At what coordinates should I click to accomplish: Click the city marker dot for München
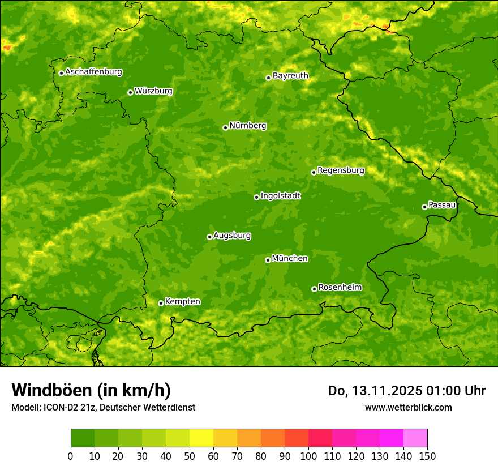(x=268, y=260)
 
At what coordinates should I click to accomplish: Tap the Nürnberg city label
(x=247, y=126)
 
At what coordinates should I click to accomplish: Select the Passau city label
(x=442, y=205)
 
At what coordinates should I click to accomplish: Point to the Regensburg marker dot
(x=314, y=172)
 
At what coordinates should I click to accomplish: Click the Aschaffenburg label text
(x=93, y=72)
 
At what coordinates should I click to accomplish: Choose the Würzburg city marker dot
(x=130, y=92)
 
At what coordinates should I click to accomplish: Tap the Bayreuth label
(x=290, y=76)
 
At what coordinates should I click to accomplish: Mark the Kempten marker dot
(x=161, y=303)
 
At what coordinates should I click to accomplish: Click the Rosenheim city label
(x=340, y=288)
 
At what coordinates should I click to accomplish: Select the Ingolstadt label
(x=280, y=196)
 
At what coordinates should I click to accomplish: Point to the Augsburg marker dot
(x=209, y=237)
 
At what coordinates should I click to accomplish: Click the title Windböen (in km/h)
(x=91, y=390)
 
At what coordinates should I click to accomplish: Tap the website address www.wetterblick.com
(x=408, y=407)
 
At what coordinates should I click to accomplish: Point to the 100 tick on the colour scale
(x=308, y=456)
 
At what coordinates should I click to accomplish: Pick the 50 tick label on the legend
(x=190, y=456)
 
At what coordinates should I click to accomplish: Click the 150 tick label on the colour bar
(x=427, y=456)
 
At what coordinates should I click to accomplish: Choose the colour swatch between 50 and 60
(x=201, y=438)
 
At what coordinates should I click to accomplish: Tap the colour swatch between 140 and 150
(x=415, y=438)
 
